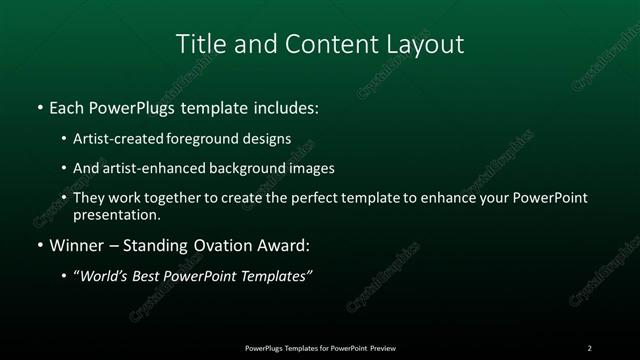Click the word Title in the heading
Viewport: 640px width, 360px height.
pos(198,44)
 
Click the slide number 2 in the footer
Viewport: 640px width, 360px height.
pos(589,347)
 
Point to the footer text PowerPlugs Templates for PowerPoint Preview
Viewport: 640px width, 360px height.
pos(320,347)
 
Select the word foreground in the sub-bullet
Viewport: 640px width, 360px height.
pos(203,138)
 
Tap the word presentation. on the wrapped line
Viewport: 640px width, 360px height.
pos(116,214)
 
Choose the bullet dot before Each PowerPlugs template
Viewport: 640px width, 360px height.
pos(39,106)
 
